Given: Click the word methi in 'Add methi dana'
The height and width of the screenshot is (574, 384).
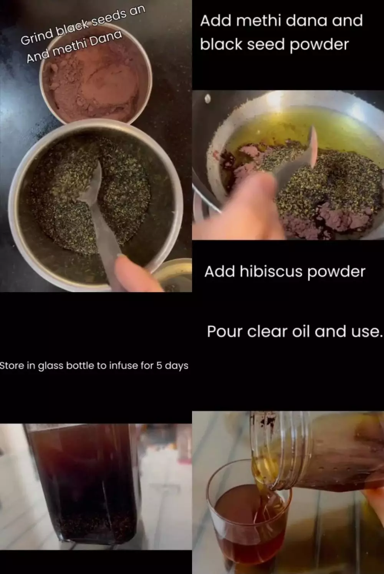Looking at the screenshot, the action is point(259,21).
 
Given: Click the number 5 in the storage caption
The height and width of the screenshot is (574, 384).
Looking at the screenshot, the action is point(159,366).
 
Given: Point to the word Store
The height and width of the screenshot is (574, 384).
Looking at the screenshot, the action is point(12,366).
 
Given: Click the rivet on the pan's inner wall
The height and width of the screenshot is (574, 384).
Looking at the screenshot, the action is point(208,99).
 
